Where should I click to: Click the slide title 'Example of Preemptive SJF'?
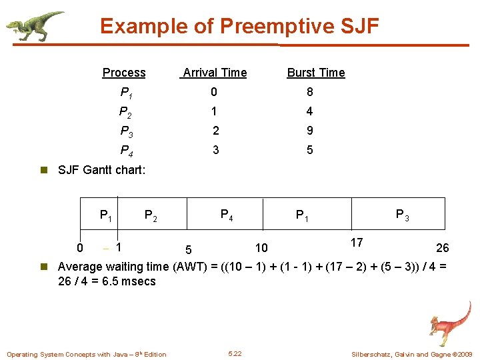tap(239, 27)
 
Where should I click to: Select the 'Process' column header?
tap(123, 73)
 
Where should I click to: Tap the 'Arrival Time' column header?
tap(214, 73)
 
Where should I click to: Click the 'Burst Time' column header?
tap(315, 73)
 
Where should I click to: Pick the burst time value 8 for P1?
tap(309, 92)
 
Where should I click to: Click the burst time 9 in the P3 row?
tap(309, 131)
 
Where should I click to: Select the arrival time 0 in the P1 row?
tap(214, 92)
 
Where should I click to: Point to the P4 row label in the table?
tap(126, 151)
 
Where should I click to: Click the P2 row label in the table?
tap(126, 112)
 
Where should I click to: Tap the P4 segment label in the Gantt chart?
tap(227, 215)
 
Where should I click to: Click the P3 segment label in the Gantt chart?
tap(403, 215)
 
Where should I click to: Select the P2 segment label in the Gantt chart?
tap(151, 216)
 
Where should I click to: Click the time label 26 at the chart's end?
tap(442, 248)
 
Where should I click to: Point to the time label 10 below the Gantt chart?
tap(261, 248)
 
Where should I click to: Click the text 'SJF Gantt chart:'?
tap(101, 170)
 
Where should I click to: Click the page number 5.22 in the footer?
tap(235, 353)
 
